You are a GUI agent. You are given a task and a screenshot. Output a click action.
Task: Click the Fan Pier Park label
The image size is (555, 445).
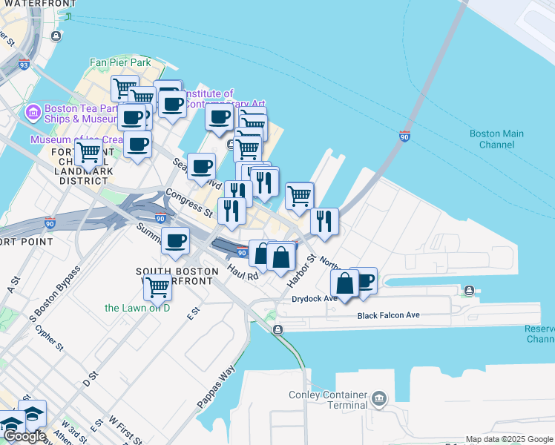tap(120, 63)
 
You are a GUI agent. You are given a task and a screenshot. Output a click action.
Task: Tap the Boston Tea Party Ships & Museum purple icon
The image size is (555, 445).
tap(33, 113)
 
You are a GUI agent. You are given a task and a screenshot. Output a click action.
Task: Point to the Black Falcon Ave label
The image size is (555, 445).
tap(388, 315)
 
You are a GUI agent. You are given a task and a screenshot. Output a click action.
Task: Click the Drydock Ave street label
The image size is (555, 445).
tap(314, 299)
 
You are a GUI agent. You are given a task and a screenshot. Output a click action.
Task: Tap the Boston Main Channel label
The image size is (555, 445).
tap(496, 139)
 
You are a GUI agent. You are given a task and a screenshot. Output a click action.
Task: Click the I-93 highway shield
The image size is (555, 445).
tap(24, 65)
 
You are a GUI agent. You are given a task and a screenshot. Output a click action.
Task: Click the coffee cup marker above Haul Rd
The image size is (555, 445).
tap(176, 240)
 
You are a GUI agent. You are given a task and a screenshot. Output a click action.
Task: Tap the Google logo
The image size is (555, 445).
tap(24, 436)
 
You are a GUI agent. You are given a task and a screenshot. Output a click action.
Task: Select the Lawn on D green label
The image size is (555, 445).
tap(137, 308)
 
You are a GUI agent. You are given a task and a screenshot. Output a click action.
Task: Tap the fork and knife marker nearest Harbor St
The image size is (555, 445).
tap(324, 221)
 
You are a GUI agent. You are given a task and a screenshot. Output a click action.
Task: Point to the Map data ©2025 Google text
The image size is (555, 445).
tap(509, 439)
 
